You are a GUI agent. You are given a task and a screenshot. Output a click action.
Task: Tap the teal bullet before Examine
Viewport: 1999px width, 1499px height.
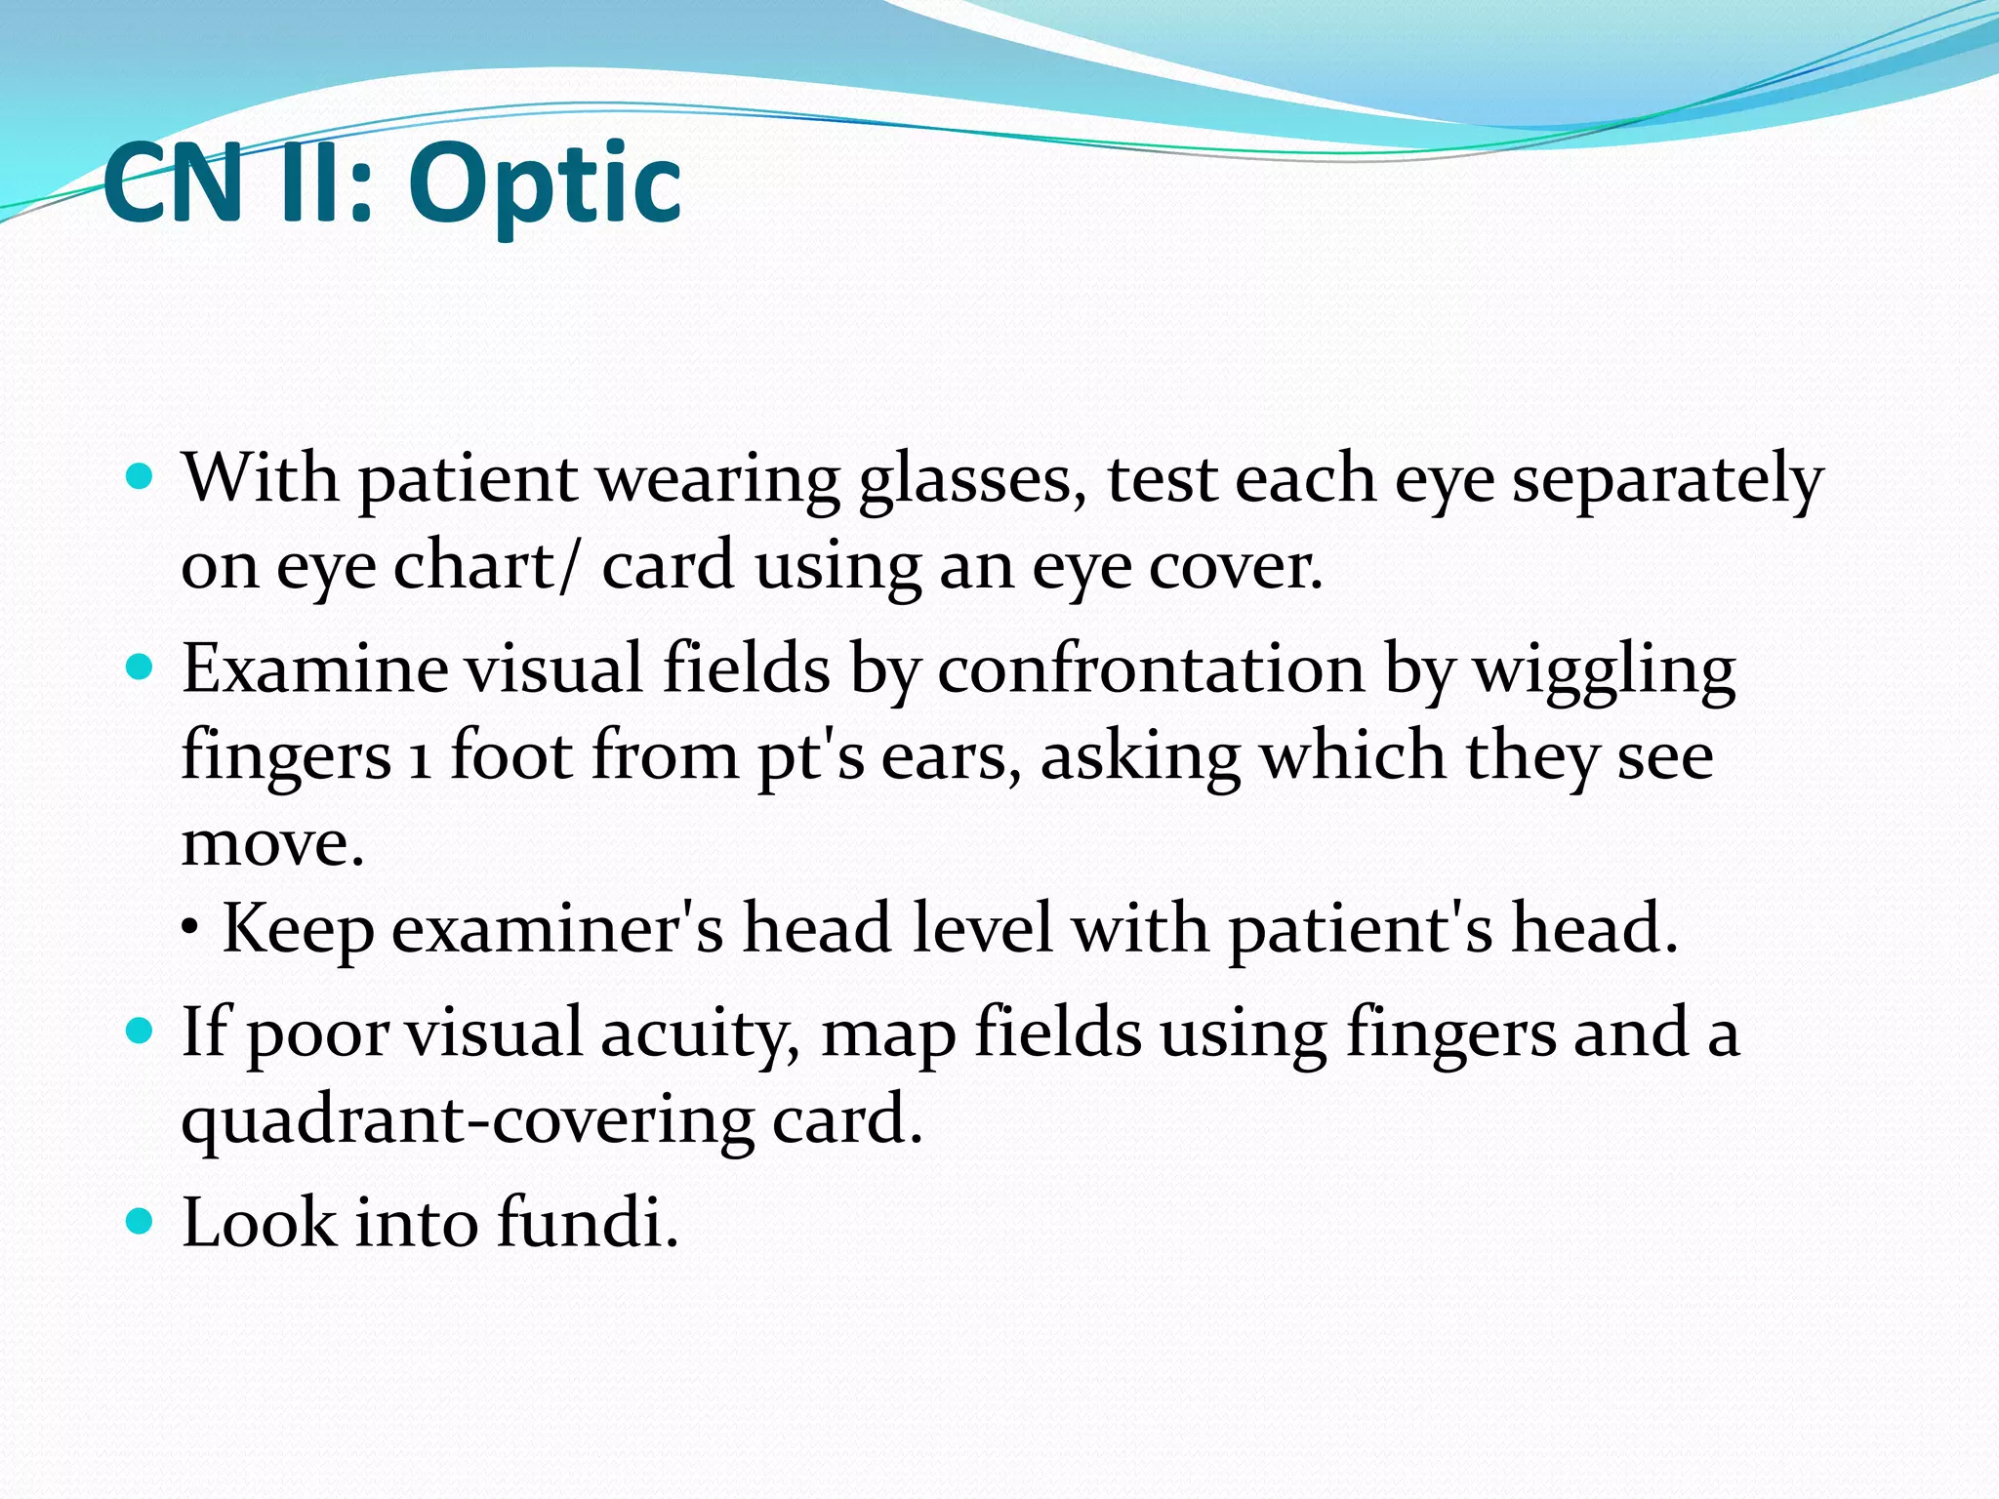[x=141, y=668]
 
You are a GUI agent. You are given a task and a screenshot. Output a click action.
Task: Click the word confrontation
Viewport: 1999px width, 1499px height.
[x=1152, y=671]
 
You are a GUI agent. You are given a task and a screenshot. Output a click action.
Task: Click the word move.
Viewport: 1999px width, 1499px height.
[x=272, y=843]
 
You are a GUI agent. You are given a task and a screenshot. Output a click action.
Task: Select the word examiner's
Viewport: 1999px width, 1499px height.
[x=557, y=929]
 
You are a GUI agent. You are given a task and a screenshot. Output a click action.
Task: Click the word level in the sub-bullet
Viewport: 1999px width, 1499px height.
[x=982, y=927]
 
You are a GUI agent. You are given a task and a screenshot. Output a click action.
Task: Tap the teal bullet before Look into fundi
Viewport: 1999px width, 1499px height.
[x=141, y=1221]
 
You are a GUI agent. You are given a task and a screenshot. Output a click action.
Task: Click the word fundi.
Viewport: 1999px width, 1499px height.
[x=587, y=1223]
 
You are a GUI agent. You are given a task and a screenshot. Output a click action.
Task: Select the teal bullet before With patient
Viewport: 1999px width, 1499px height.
[x=141, y=477]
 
